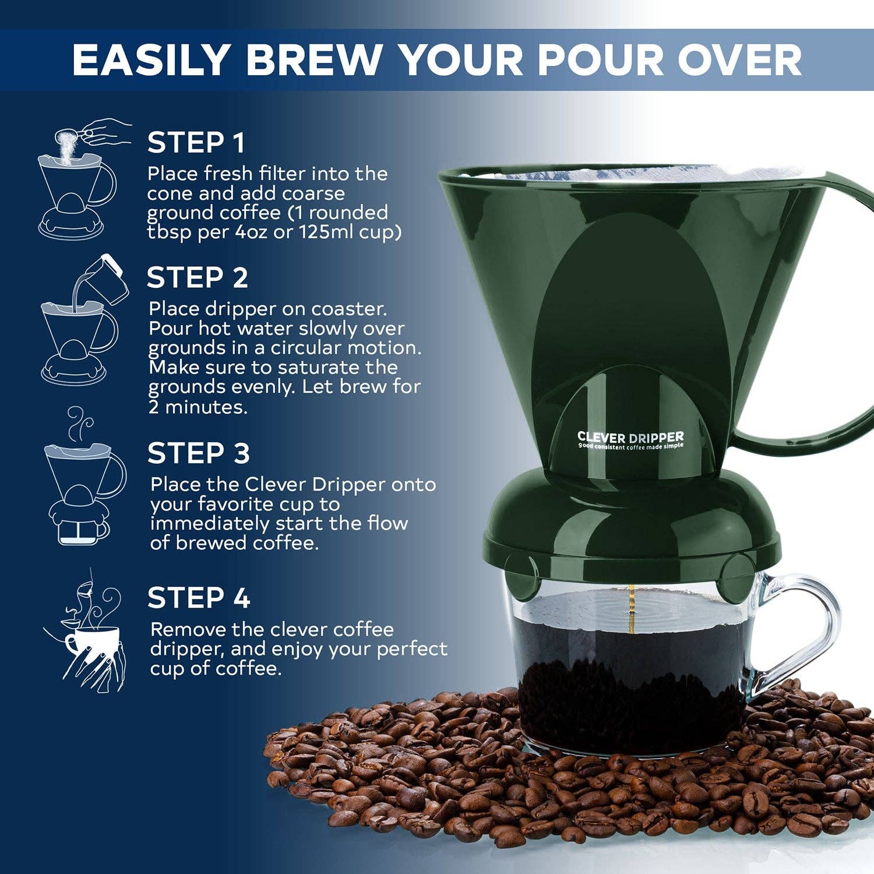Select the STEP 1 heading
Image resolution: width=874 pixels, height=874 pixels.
point(196,143)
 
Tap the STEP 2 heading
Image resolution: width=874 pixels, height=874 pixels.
point(197,277)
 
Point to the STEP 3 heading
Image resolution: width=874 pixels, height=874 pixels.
point(198,453)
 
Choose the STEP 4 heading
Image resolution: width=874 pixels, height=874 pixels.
point(198,598)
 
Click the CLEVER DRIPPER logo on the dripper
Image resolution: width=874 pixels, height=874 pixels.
point(630,438)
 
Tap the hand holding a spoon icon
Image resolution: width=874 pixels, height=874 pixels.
point(105,133)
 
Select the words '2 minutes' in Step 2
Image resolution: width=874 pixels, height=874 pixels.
point(198,407)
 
